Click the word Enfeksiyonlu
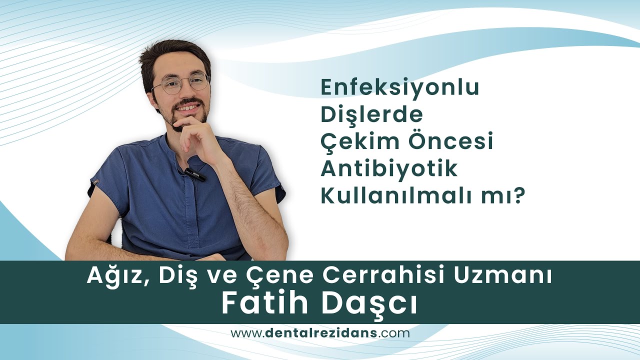coord(399,88)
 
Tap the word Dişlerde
coord(371,115)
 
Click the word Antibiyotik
coord(388,169)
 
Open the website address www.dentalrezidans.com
coord(320,333)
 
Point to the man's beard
coord(185,117)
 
